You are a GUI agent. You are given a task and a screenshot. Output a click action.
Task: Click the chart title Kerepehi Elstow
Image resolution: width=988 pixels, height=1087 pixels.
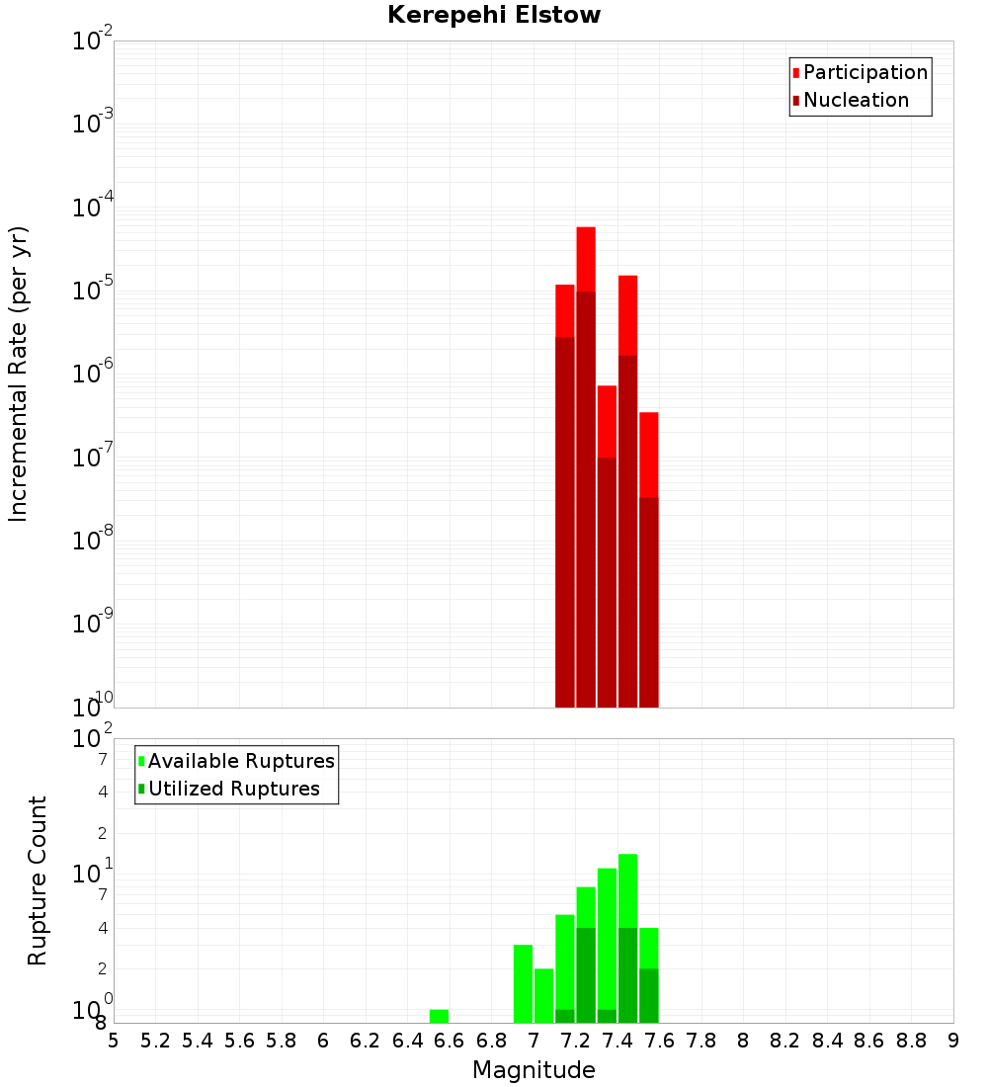point(494,15)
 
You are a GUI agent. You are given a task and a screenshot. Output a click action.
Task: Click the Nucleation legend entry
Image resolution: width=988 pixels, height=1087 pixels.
point(856,100)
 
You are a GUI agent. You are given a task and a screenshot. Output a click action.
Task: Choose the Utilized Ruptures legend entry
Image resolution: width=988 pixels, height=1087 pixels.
point(233,789)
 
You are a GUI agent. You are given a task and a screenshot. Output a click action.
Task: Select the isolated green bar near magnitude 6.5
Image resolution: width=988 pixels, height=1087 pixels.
point(439,1016)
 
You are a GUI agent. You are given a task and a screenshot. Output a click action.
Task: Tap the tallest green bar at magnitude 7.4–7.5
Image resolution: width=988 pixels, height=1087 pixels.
point(627,938)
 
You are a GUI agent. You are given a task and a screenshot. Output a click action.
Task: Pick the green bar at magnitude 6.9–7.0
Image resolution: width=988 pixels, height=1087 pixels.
point(523,983)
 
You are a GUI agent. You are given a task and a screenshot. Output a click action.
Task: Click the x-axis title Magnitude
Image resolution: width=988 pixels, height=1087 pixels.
point(534,1070)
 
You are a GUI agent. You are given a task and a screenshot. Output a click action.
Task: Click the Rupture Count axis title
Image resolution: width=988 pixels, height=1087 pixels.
point(38,880)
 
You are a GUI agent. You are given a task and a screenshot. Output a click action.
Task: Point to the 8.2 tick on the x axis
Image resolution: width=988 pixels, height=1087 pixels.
point(785,1040)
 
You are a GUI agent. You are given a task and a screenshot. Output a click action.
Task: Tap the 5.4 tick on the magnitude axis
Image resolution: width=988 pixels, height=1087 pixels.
point(198,1040)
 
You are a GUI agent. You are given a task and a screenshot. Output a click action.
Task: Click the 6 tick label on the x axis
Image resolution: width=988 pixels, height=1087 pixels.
point(323,1040)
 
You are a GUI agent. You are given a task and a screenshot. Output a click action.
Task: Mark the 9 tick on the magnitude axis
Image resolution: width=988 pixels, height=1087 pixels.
point(953,1040)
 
